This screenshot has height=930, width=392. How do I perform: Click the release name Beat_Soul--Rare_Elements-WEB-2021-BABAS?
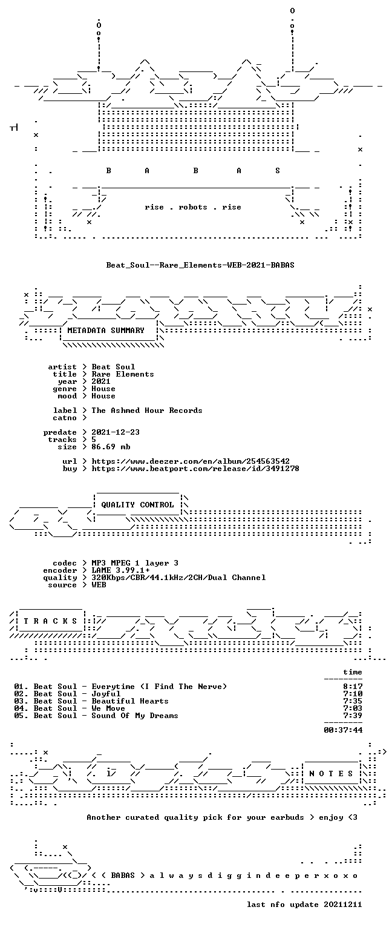click(x=200, y=265)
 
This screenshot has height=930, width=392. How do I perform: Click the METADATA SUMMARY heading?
click(x=106, y=331)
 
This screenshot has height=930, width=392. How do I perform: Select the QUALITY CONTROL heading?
click(x=137, y=505)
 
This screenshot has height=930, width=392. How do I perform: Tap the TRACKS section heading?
click(x=50, y=621)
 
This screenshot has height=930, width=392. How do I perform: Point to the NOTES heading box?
click(x=331, y=773)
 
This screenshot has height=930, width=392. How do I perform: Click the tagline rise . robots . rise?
click(x=193, y=207)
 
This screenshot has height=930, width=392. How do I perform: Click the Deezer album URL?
click(x=191, y=461)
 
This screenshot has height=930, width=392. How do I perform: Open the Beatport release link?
click(x=195, y=469)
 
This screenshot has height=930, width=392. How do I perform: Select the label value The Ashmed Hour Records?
click(x=147, y=411)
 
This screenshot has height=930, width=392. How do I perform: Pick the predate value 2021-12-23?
click(x=116, y=432)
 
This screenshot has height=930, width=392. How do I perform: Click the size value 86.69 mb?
click(x=111, y=447)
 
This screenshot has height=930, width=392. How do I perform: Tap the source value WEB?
click(x=99, y=585)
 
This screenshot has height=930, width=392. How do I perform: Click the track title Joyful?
click(x=106, y=694)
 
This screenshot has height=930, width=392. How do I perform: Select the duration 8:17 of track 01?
click(x=353, y=687)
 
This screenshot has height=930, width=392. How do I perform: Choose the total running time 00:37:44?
click(x=343, y=730)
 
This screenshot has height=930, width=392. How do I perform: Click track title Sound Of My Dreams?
click(x=135, y=716)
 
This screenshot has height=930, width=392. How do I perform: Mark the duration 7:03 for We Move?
click(x=353, y=708)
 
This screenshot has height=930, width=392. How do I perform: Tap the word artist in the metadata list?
click(x=62, y=367)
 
